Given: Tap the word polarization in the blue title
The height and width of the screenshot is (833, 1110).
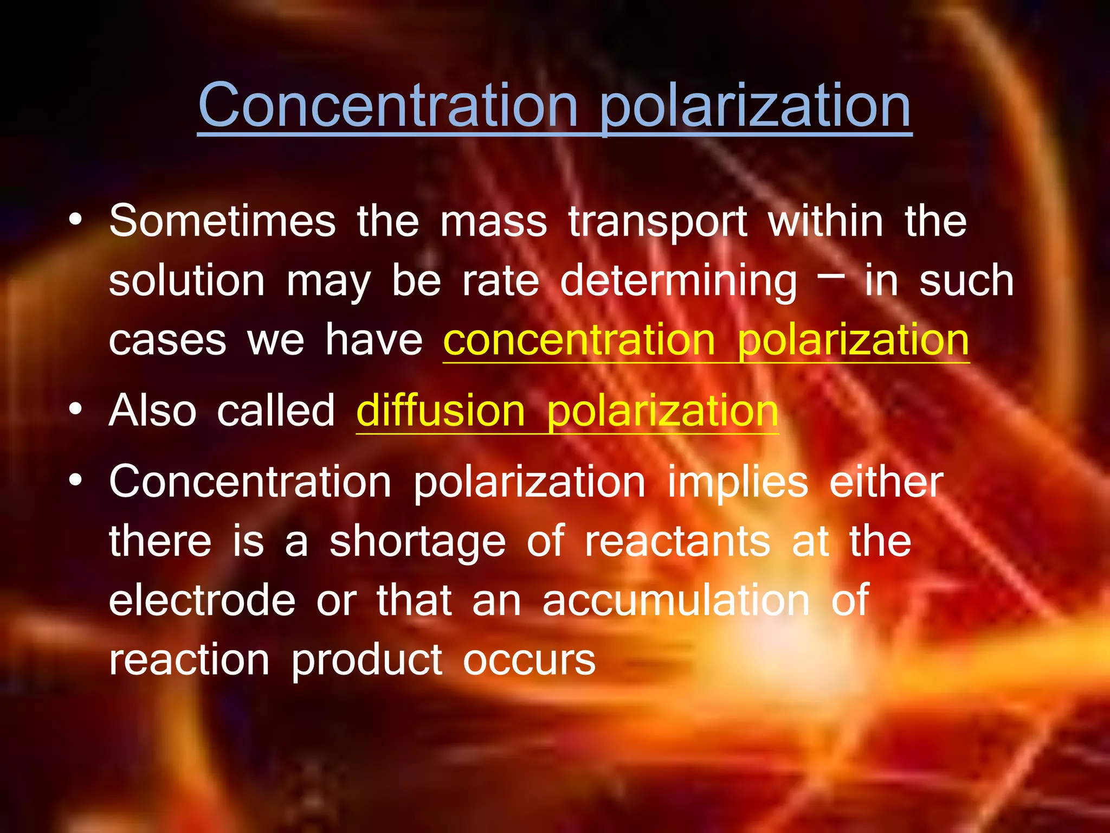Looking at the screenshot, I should [x=756, y=106].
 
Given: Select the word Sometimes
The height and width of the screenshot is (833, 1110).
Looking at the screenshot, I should [x=222, y=221].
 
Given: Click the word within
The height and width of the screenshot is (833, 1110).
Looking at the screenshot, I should [x=825, y=221].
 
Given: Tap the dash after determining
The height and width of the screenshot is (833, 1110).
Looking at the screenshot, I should [x=830, y=275].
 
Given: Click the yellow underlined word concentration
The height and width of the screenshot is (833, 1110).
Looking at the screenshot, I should [x=579, y=340].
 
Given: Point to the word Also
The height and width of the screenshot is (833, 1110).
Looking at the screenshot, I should [x=152, y=411].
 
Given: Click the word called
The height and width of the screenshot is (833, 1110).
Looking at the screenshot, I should [x=276, y=411].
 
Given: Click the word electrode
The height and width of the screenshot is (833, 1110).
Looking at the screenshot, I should [x=202, y=600].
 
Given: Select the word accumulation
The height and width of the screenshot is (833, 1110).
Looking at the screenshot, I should [x=676, y=600].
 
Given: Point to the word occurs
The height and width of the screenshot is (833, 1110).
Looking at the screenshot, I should [x=529, y=660].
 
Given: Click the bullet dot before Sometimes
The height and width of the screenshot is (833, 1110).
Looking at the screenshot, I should [x=76, y=220].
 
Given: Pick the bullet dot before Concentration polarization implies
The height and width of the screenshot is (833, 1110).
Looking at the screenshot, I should [x=76, y=480].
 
